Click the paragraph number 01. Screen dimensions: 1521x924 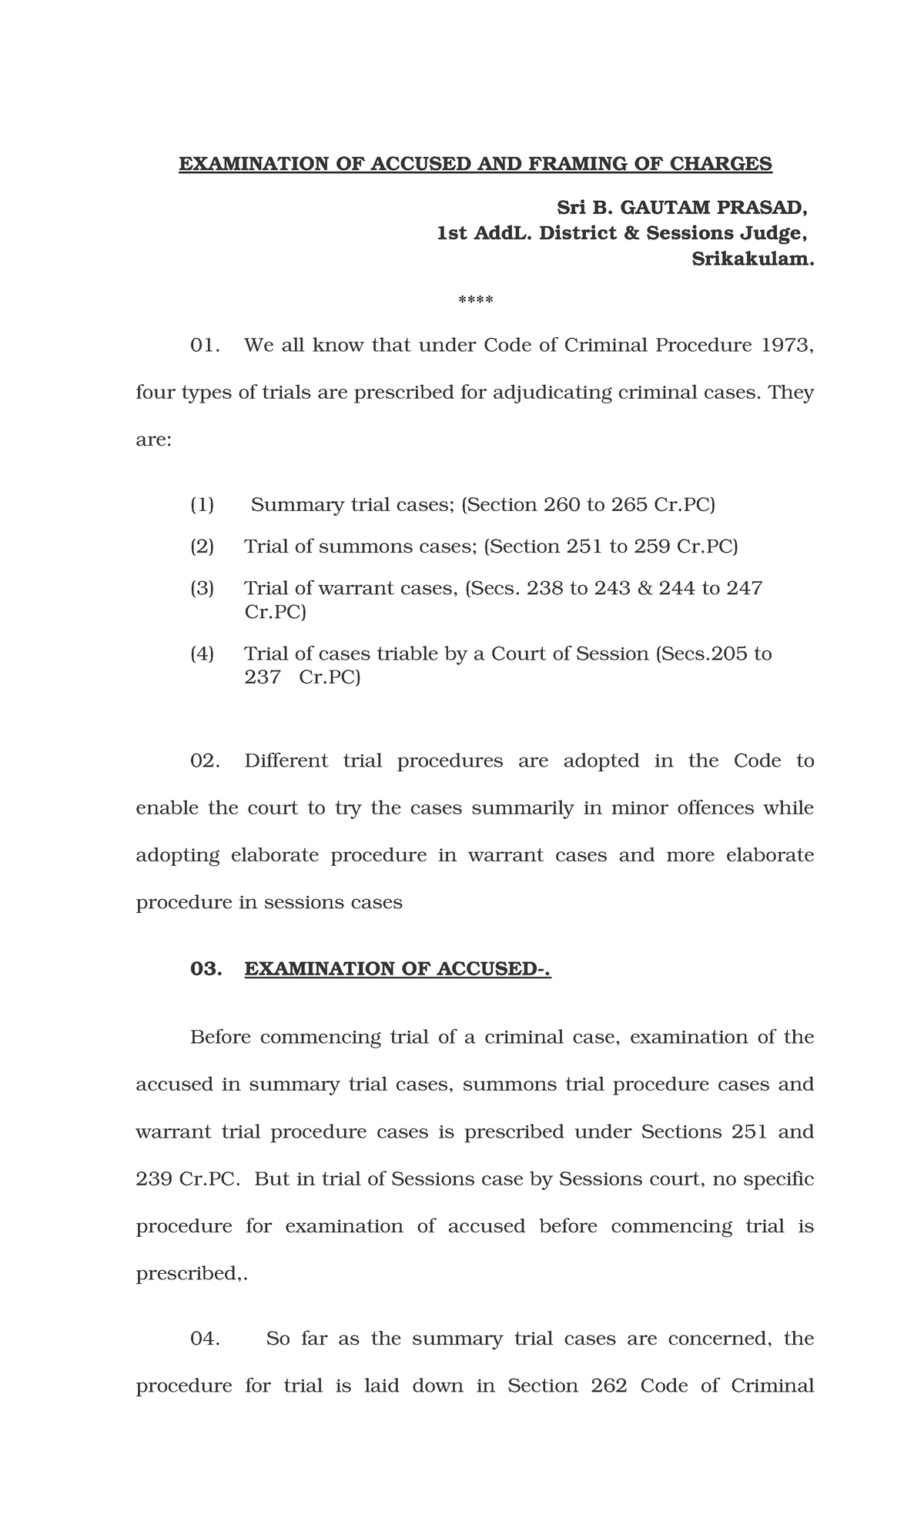(205, 345)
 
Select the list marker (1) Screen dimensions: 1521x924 (203, 505)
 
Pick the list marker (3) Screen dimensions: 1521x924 (203, 588)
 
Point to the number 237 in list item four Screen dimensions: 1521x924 (263, 677)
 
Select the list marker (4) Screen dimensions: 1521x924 (203, 654)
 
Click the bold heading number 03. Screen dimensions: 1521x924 (206, 969)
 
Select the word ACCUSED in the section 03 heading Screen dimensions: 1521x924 (487, 969)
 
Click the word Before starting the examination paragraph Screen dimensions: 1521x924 (220, 1038)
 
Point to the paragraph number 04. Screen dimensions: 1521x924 (205, 1339)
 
